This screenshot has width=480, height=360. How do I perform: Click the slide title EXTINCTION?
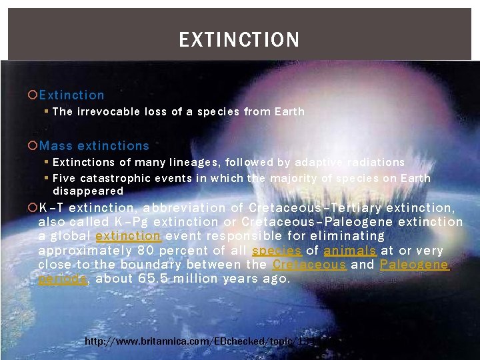coord(239,40)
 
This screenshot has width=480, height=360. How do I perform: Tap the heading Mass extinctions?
coord(94,145)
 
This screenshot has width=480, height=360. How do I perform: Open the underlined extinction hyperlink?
coord(128,236)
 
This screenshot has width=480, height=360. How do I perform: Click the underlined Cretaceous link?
coord(309,265)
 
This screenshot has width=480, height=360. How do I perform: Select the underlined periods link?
coord(63,279)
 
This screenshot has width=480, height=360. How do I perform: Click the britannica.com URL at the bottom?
coord(197,341)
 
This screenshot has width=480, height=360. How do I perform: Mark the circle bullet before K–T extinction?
coord(33,207)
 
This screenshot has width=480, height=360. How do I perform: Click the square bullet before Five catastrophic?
coord(47,179)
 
